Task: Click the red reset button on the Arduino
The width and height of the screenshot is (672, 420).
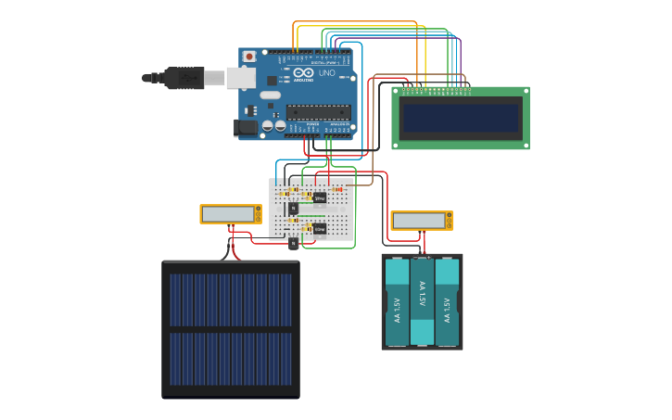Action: click(x=248, y=57)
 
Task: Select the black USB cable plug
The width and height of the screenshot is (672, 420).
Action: click(x=184, y=79)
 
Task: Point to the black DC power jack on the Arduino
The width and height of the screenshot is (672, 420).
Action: click(x=246, y=127)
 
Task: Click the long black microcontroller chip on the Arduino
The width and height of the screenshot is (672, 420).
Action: click(x=318, y=112)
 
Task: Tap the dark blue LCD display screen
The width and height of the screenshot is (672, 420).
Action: click(x=460, y=117)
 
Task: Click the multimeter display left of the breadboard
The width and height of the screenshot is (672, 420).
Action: click(x=228, y=213)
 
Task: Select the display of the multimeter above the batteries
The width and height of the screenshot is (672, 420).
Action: click(x=419, y=221)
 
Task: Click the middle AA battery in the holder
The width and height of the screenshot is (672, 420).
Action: click(x=422, y=301)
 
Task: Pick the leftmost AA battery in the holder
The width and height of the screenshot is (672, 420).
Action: click(x=397, y=301)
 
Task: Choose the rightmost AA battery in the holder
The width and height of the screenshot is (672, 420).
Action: click(x=447, y=301)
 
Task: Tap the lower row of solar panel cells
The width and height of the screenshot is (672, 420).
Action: click(x=230, y=359)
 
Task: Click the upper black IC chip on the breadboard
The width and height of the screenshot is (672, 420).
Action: click(x=319, y=197)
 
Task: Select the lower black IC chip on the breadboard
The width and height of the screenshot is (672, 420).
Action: click(x=319, y=228)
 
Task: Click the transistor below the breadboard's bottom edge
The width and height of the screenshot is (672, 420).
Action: click(x=293, y=244)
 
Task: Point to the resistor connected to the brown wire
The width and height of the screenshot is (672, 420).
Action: click(x=338, y=189)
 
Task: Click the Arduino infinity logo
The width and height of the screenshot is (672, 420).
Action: click(x=304, y=72)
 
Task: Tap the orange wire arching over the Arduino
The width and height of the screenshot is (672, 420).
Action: click(x=357, y=22)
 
